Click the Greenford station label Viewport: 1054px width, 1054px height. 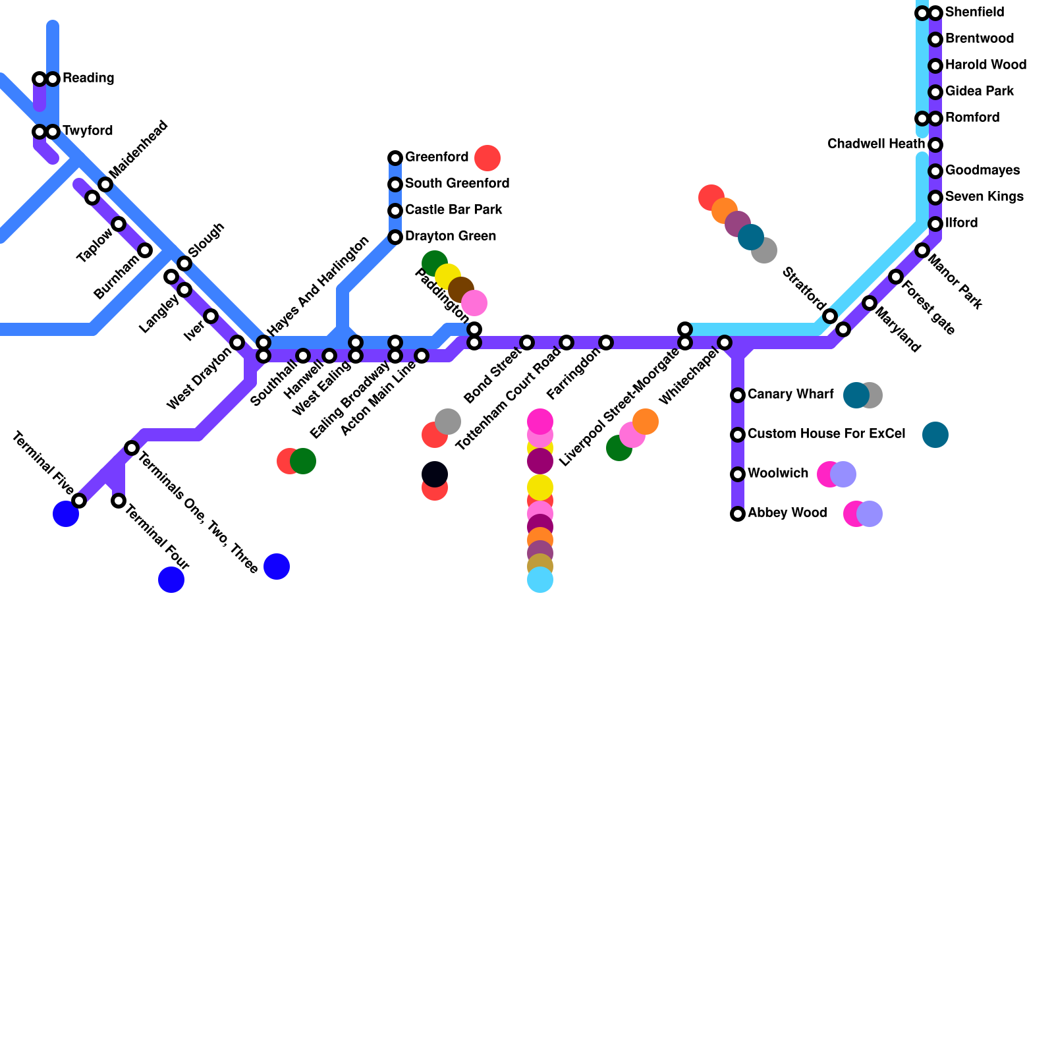pos(436,157)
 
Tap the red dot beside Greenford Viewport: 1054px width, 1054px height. pos(487,158)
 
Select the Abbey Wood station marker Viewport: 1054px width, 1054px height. pos(738,514)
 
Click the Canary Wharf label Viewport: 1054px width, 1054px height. pos(790,395)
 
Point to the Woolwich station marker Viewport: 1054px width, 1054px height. pos(738,474)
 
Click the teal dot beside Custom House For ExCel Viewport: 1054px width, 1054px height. pos(935,435)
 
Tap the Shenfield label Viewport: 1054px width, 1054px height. pos(974,13)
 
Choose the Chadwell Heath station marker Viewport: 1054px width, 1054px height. pos(935,145)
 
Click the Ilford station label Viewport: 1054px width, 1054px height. pos(961,223)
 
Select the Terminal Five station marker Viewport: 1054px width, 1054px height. pos(79,501)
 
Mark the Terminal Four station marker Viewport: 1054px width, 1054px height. pos(119,501)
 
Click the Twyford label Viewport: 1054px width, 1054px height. pos(88,131)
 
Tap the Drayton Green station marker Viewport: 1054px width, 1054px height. pos(395,237)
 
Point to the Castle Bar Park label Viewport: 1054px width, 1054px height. pos(453,210)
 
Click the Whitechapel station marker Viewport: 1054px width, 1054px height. pos(725,343)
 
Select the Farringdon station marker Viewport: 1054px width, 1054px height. pos(606,343)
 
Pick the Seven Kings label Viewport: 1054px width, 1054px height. pos(984,197)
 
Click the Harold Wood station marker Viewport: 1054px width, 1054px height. pos(935,66)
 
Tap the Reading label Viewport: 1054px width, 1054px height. pos(88,78)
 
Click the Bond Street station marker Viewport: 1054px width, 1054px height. pos(527,343)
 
